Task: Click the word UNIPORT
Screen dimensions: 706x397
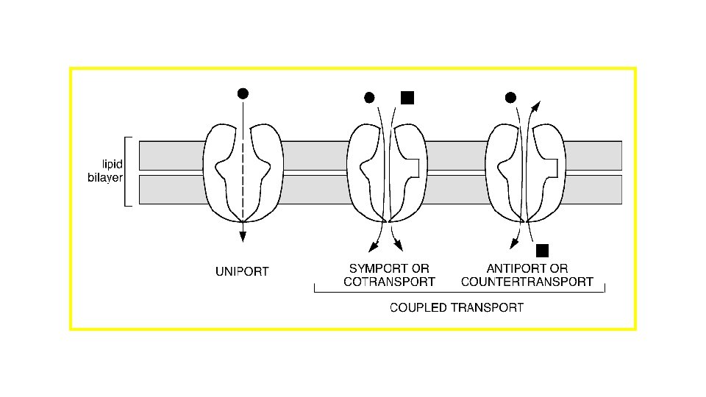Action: coord(242,272)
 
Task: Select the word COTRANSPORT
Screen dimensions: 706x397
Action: coord(389,282)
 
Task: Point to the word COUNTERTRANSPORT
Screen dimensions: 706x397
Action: coord(527,282)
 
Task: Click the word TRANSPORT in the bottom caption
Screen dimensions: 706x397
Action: coord(489,307)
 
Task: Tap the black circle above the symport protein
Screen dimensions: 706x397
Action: coord(370,97)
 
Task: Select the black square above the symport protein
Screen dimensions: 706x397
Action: coord(407,97)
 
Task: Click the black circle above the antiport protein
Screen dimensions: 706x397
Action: coord(510,97)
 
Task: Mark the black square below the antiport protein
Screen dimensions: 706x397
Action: coord(543,251)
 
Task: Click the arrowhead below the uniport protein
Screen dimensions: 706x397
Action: coord(242,236)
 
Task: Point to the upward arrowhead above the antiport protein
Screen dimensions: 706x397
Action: coord(535,106)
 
